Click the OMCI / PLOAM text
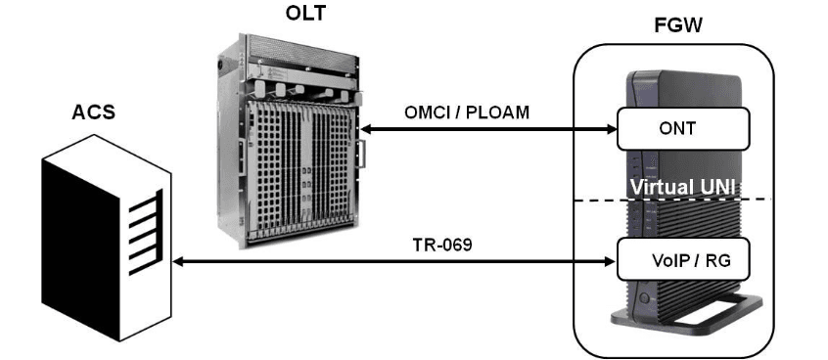coord(467,112)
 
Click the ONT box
coord(682,127)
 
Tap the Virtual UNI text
coord(681,186)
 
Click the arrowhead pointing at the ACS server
coord(180,262)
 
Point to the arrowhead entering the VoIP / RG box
coord(609,262)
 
